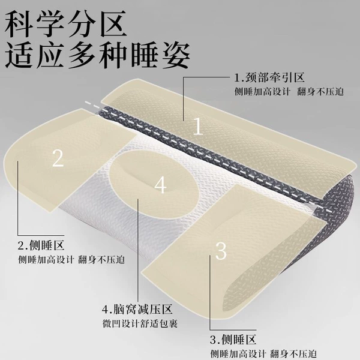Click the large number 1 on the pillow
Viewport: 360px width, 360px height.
click(x=198, y=127)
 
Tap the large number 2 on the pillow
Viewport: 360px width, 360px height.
click(x=58, y=158)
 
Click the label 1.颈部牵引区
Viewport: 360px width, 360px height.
click(x=269, y=77)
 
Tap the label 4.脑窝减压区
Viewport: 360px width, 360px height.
click(x=137, y=309)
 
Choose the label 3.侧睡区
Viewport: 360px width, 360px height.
click(x=233, y=340)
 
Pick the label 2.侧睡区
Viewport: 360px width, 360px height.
click(x=41, y=245)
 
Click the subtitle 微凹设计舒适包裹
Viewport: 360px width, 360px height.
click(x=140, y=324)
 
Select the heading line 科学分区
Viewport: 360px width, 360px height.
click(x=65, y=24)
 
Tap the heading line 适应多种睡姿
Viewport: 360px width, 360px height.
click(x=98, y=55)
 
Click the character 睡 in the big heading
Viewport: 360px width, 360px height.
click(x=145, y=55)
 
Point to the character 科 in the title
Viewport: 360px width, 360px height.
click(x=19, y=24)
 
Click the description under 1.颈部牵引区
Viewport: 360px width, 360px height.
click(x=289, y=92)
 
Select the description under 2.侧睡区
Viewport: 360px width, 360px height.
click(x=71, y=260)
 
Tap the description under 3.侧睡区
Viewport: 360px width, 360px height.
click(x=263, y=354)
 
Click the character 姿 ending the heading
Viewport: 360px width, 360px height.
click(x=176, y=55)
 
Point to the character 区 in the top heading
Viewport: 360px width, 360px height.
click(x=113, y=24)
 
